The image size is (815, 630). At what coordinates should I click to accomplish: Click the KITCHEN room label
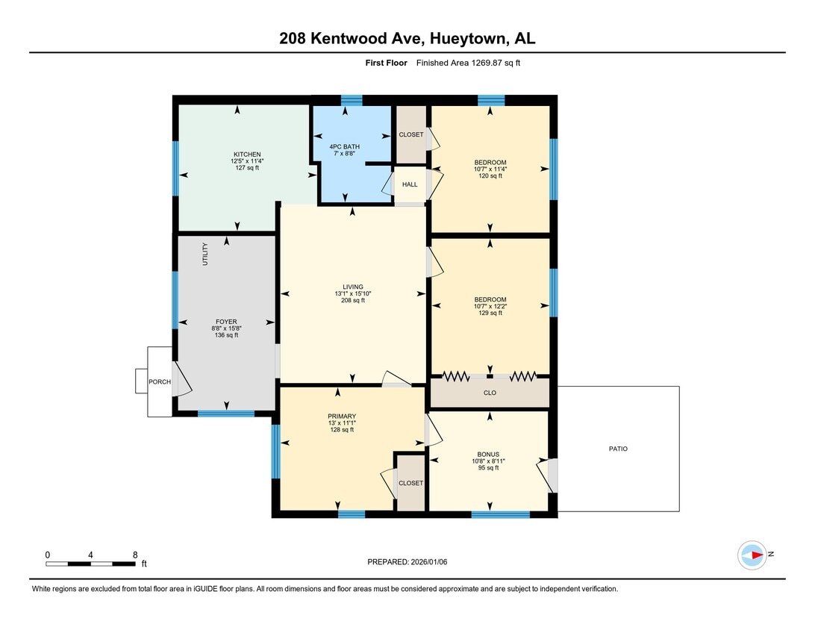247,155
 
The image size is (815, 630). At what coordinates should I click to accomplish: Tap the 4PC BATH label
344,146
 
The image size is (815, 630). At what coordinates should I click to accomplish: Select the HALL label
410,184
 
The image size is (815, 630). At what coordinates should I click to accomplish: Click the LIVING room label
352,287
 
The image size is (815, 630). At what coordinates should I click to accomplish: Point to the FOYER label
226,322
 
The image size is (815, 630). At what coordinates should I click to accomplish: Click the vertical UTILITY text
204,255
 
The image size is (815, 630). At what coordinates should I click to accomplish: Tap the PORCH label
160,381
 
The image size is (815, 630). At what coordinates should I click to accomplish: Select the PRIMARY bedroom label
342,417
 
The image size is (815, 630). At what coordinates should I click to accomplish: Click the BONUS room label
488,455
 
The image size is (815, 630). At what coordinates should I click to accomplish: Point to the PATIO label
618,449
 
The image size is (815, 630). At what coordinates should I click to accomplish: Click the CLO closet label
490,393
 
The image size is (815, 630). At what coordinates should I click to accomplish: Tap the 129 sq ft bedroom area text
490,313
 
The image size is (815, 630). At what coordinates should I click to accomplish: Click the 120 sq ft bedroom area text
490,175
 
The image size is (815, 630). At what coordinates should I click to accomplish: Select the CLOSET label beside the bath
410,134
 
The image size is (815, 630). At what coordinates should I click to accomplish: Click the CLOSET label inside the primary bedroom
410,484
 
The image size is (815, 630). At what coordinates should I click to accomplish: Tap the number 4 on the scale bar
90,555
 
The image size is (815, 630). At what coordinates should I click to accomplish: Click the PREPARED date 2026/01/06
429,562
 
